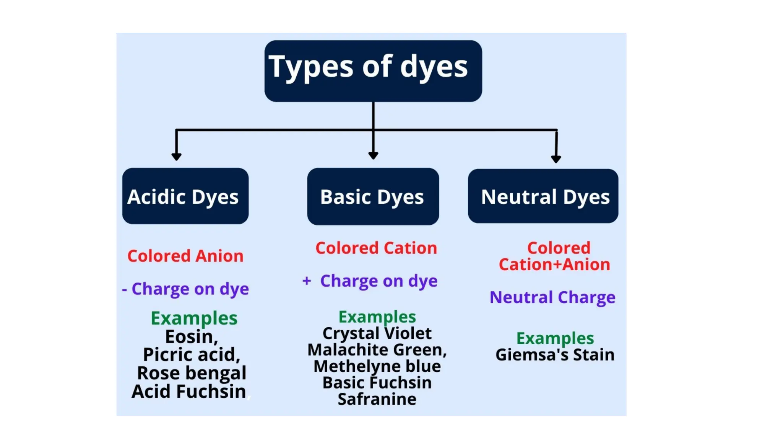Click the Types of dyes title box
click(x=373, y=71)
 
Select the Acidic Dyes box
click(x=185, y=196)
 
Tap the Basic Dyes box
click(x=373, y=196)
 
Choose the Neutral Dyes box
click(x=543, y=196)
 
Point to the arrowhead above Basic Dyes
click(x=373, y=155)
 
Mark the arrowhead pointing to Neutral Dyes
click(x=556, y=158)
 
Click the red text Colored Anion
click(x=185, y=256)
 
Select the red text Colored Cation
click(x=376, y=248)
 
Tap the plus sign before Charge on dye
click(x=306, y=281)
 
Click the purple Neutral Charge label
click(x=552, y=297)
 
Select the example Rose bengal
click(x=192, y=373)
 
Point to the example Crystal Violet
click(x=377, y=333)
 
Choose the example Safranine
click(x=377, y=399)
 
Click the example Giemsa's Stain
click(x=555, y=354)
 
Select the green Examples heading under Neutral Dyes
click(x=555, y=338)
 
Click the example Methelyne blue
click(x=377, y=366)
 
